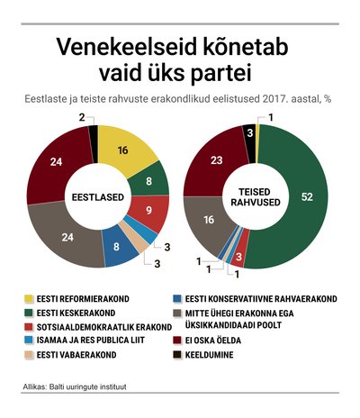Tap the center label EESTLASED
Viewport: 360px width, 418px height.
[x=98, y=197]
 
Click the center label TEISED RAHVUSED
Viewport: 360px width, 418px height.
[x=256, y=197]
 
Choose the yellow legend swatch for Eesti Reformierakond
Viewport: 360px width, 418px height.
[x=29, y=299]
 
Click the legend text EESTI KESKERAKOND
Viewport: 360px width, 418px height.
[x=76, y=313]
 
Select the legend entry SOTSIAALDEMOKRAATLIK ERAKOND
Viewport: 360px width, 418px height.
[x=104, y=327]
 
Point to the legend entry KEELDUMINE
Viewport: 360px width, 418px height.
[x=209, y=355]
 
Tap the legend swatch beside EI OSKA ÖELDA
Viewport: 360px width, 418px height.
[x=177, y=341]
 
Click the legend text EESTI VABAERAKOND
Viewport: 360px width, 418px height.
[x=76, y=355]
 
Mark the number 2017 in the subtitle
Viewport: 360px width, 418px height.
[x=274, y=99]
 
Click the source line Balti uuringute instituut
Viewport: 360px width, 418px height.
[x=87, y=386]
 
